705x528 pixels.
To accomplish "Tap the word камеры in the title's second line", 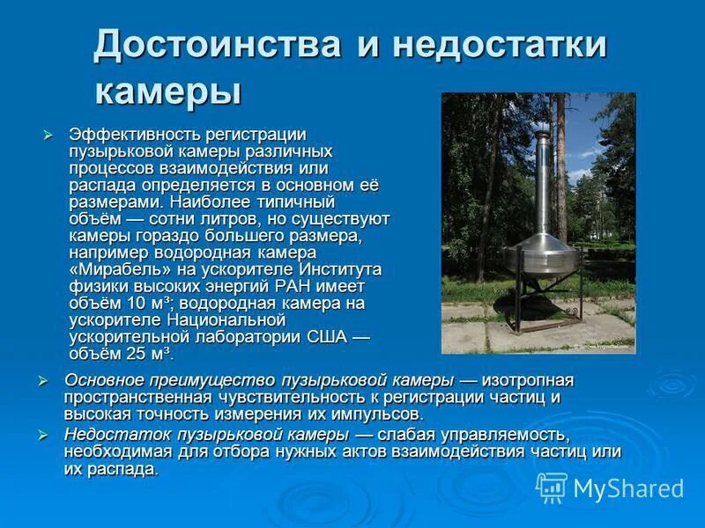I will [167, 90].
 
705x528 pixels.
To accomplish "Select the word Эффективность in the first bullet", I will [135, 135].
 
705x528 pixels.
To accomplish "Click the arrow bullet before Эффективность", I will [49, 135].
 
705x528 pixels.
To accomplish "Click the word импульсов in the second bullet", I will [382, 414].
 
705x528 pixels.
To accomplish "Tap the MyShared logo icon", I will [552, 487].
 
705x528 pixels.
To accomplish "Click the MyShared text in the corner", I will [628, 488].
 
